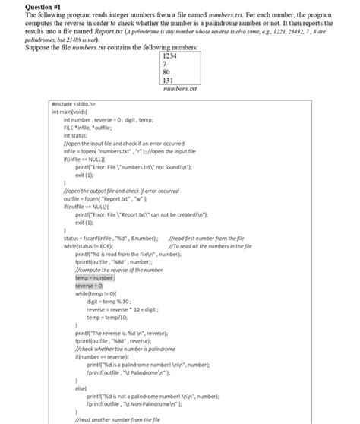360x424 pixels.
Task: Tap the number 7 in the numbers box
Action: [x=165, y=65]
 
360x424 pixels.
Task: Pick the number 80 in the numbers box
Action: [x=167, y=74]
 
